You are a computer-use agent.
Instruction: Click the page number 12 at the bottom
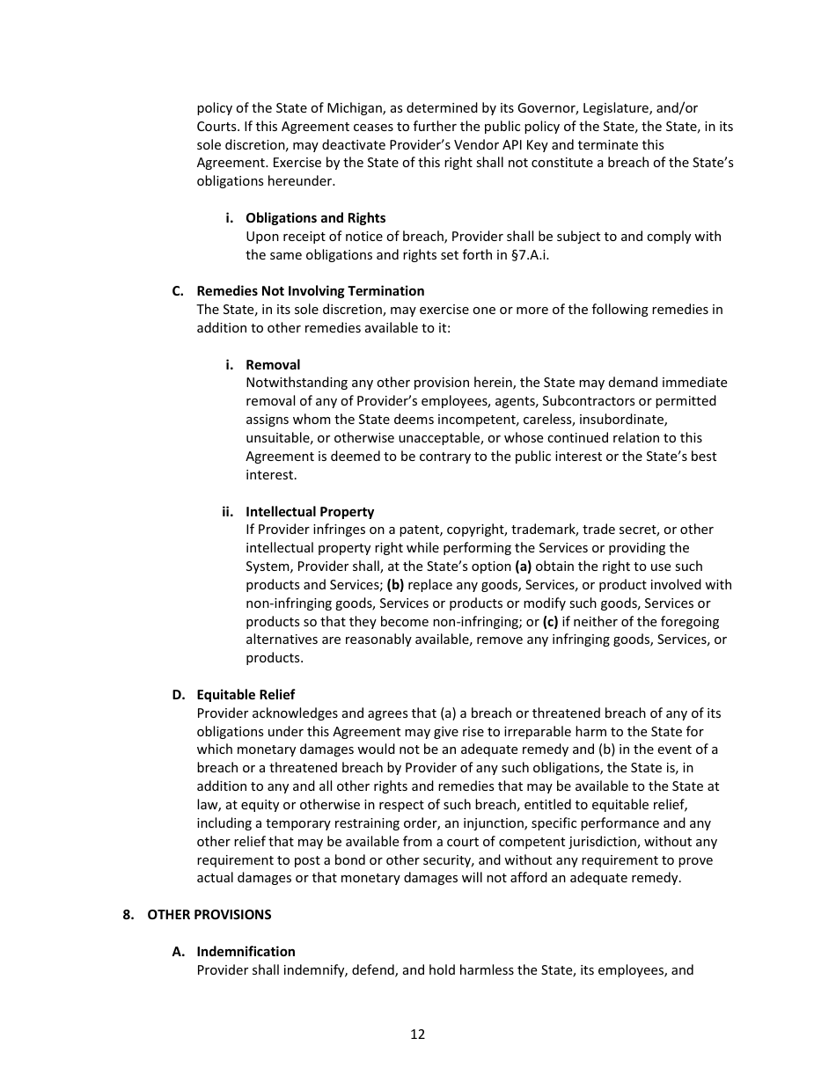click(x=417, y=1034)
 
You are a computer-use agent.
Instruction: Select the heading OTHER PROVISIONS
click(x=209, y=915)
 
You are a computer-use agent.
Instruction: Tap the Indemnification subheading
click(x=246, y=952)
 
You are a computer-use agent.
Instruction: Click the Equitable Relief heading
click(x=246, y=695)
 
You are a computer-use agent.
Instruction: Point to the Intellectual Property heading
click(x=309, y=512)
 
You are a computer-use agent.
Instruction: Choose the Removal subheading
click(x=272, y=365)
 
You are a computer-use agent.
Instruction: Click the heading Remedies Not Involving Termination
click(x=310, y=291)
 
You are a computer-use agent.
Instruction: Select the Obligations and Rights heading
click(x=315, y=218)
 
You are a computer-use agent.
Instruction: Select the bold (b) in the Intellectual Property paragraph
click(x=395, y=585)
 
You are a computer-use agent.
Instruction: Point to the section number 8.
click(x=128, y=915)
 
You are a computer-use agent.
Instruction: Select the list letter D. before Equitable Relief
click(x=179, y=695)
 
